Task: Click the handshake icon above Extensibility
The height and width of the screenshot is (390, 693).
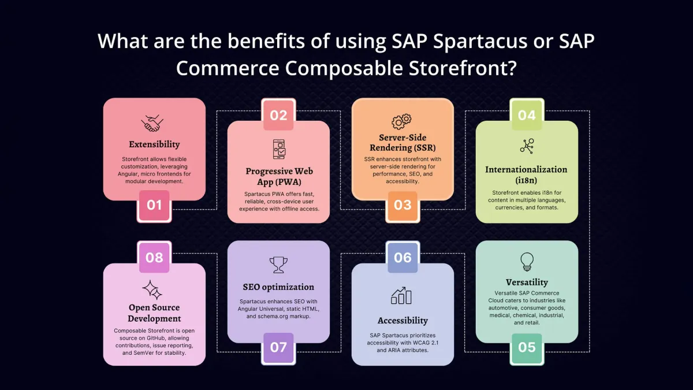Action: click(154, 123)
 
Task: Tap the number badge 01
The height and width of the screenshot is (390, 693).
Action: click(154, 206)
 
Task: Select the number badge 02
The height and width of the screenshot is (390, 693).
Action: click(278, 115)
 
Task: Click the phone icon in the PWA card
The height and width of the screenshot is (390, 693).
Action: click(278, 148)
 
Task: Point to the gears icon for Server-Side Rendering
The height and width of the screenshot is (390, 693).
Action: click(402, 121)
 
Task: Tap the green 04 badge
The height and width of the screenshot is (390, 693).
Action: click(527, 115)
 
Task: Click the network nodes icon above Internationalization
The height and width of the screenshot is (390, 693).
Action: click(527, 146)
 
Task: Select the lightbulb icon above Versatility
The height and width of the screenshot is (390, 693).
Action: click(527, 261)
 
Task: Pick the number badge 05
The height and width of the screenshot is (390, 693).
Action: click(527, 348)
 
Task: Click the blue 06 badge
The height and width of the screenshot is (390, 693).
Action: click(403, 257)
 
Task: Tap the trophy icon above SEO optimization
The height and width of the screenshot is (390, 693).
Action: click(278, 265)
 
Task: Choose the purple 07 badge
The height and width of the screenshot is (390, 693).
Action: click(278, 348)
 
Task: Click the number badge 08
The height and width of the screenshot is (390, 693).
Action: click(154, 257)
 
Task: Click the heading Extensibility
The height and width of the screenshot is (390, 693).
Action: click(154, 144)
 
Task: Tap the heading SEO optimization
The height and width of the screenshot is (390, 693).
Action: click(278, 287)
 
